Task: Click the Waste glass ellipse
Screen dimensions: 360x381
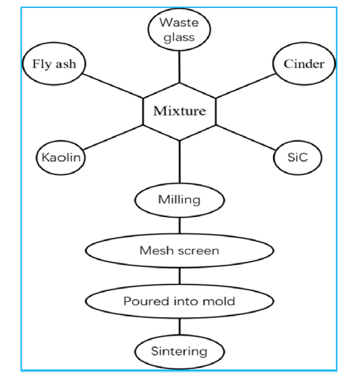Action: point(179,30)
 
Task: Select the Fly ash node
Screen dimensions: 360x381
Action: point(54,64)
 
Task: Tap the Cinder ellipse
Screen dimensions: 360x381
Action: point(304,64)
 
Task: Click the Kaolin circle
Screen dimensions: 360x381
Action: point(61,157)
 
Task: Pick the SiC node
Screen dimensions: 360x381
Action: point(298,157)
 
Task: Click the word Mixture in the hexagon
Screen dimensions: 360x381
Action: point(179,111)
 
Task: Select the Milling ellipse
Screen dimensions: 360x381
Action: point(179,200)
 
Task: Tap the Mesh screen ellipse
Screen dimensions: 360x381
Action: point(179,251)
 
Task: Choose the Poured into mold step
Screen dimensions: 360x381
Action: point(179,301)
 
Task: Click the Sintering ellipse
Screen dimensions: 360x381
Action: point(179,351)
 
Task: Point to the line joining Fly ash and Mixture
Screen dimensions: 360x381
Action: point(113,86)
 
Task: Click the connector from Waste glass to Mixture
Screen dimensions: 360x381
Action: point(179,67)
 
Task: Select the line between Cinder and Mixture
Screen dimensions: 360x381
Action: point(245,86)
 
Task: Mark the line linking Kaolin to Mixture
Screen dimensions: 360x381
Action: point(113,137)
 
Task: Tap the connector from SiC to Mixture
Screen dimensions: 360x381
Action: point(245,137)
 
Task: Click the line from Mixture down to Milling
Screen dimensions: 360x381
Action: point(179,162)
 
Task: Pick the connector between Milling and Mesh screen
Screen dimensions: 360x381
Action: point(179,226)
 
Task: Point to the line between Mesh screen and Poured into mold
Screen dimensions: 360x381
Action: point(179,276)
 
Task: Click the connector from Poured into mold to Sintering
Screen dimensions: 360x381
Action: point(179,327)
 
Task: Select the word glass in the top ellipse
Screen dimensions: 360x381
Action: point(179,38)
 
